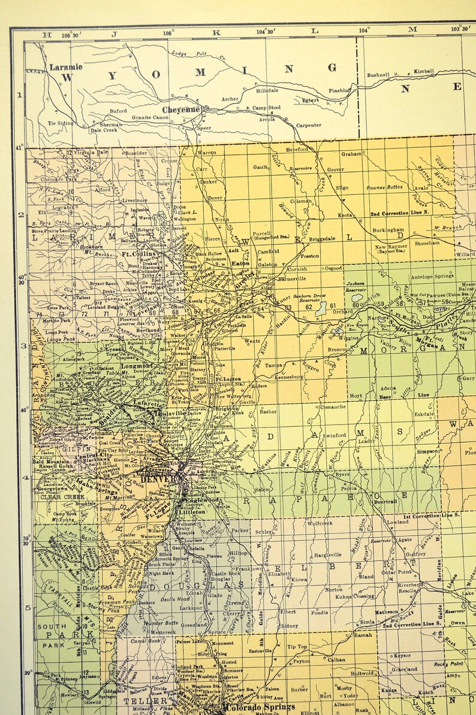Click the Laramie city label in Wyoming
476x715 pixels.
[65, 68]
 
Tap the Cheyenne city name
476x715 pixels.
[180, 110]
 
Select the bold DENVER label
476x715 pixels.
[159, 479]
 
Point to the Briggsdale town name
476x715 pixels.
[323, 240]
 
